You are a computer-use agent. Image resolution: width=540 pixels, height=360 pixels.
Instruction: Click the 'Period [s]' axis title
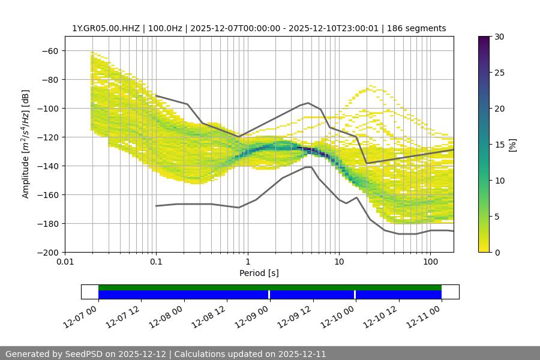(x=259, y=273)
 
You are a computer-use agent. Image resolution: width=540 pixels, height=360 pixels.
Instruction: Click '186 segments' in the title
(x=419, y=28)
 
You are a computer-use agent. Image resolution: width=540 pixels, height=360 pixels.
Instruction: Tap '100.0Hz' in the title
(x=161, y=28)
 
